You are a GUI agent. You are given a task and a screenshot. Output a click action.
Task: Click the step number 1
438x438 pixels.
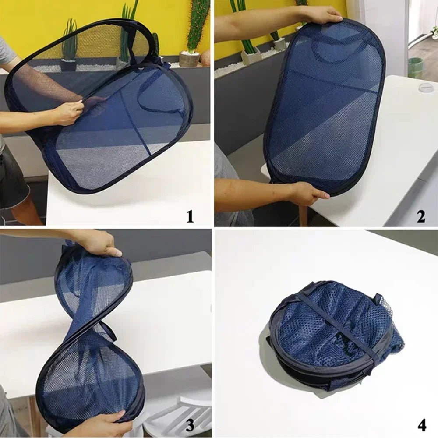click(190, 216)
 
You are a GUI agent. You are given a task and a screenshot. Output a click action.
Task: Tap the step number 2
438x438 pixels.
click(421, 216)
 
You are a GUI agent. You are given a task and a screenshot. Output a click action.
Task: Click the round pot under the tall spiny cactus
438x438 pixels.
click(189, 59)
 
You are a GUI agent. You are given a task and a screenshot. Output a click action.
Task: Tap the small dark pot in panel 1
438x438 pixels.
click(68, 65)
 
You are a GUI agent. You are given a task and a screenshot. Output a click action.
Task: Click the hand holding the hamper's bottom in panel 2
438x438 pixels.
click(307, 193)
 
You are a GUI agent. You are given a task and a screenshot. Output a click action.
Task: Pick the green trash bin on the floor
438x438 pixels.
click(415, 68)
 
